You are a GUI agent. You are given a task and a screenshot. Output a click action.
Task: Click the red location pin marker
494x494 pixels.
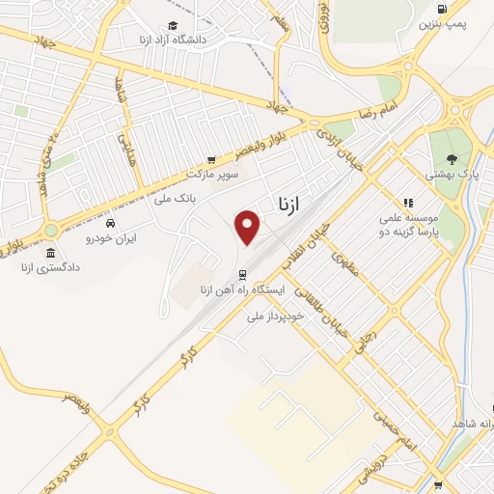249,226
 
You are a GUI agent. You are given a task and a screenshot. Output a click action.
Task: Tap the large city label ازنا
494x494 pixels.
282,204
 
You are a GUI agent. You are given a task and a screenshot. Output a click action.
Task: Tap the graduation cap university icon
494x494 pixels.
172,26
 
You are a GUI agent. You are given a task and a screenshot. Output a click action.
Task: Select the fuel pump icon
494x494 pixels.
442,10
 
